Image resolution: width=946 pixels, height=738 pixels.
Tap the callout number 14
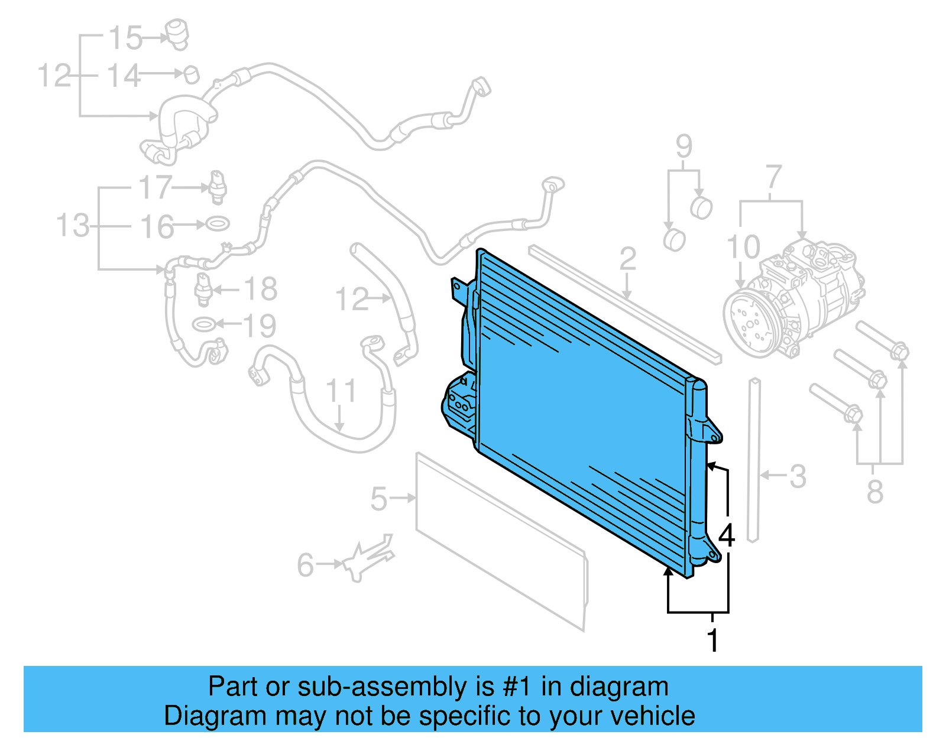pyautogui.click(x=124, y=76)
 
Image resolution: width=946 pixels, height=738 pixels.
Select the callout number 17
pyautogui.click(x=155, y=188)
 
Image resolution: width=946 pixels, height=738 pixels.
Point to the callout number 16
pyautogui.click(x=157, y=227)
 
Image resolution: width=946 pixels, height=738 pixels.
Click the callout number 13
pyautogui.click(x=73, y=226)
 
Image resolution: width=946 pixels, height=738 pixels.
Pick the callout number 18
pyautogui.click(x=260, y=290)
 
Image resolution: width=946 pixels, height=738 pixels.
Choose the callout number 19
pyautogui.click(x=260, y=326)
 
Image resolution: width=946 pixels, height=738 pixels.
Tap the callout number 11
pyautogui.click(x=341, y=391)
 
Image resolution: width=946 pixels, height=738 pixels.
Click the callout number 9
pyautogui.click(x=683, y=146)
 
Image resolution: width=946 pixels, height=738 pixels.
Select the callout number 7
pyautogui.click(x=773, y=177)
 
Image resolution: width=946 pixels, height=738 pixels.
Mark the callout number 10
pyautogui.click(x=743, y=247)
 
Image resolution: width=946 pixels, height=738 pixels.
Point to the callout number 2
pyautogui.click(x=627, y=259)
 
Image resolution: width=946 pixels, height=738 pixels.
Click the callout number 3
pyautogui.click(x=798, y=476)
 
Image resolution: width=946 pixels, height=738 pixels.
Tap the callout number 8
pyautogui.click(x=875, y=492)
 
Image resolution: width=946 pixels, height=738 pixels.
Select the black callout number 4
pyautogui.click(x=727, y=535)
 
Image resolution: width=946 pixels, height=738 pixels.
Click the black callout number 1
pyautogui.click(x=713, y=641)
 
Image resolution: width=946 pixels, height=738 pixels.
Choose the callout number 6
pyautogui.click(x=305, y=565)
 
